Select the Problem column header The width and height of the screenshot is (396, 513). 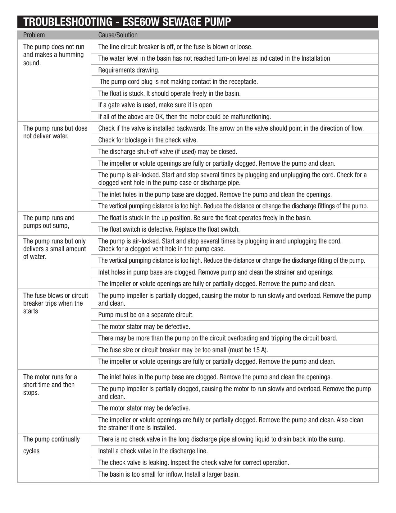(x=34, y=35)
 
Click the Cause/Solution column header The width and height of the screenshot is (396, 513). (x=118, y=35)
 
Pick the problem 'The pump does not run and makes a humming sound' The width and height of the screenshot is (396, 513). (x=54, y=55)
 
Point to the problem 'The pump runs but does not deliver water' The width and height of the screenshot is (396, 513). (x=55, y=132)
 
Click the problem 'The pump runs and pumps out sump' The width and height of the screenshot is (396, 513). (x=49, y=222)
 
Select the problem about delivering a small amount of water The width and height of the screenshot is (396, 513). (x=55, y=249)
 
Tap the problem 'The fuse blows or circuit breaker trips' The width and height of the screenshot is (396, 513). (x=56, y=303)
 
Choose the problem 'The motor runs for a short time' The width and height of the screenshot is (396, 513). (x=50, y=385)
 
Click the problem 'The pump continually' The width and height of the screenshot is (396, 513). (x=51, y=439)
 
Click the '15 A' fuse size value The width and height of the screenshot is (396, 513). (x=260, y=350)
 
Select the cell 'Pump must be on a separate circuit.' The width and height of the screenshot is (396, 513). (x=146, y=315)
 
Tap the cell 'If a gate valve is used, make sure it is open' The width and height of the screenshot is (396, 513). (x=155, y=105)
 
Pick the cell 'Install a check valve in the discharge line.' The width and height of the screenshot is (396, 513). (x=153, y=451)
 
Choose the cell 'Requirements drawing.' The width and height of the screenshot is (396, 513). (x=129, y=70)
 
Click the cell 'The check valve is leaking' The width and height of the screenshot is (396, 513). (x=193, y=463)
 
